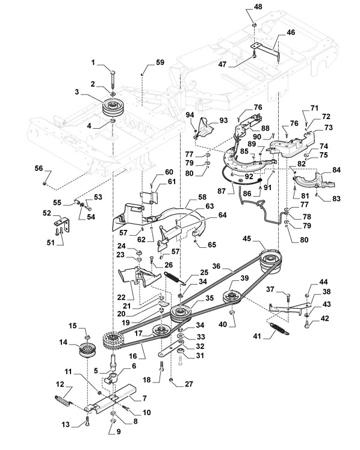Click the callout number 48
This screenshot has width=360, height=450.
[x=258, y=6]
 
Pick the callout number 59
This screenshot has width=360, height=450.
[x=160, y=63]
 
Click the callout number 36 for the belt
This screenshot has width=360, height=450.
[x=216, y=266]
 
